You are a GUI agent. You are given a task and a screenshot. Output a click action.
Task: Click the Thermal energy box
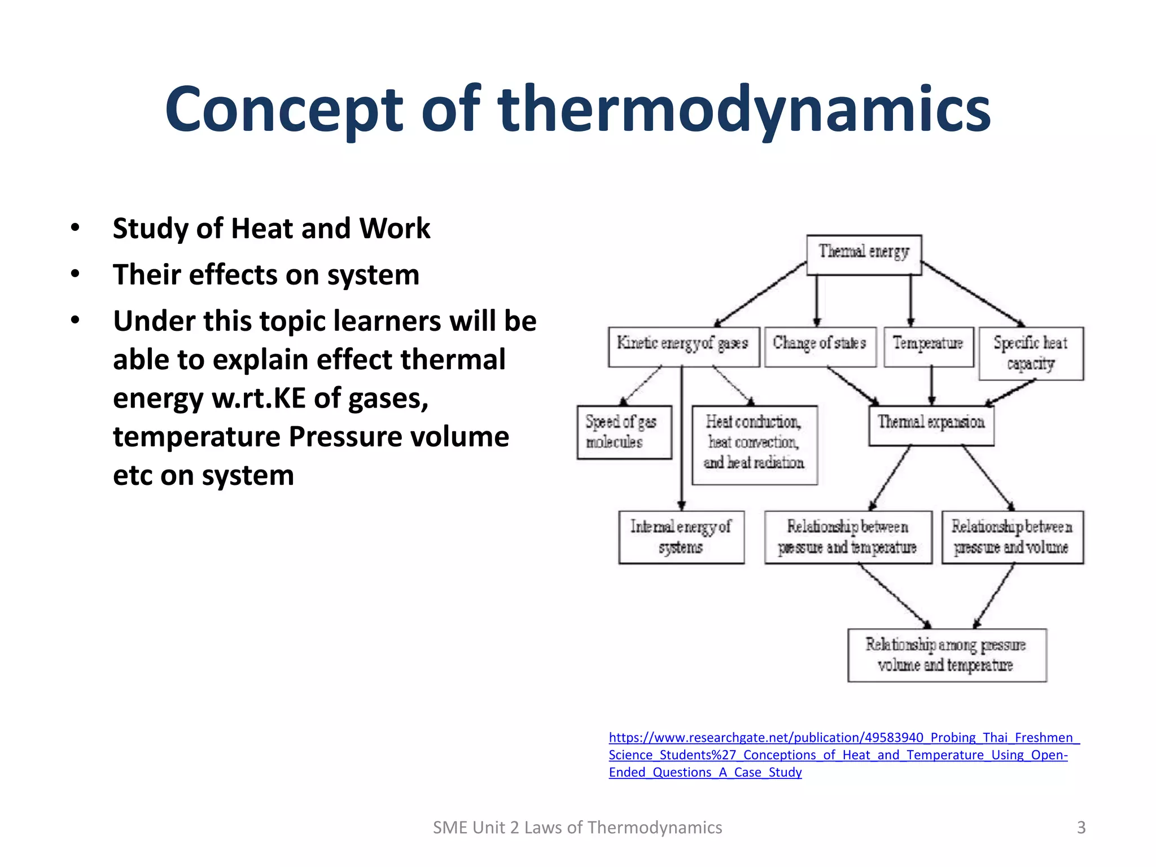click(x=864, y=255)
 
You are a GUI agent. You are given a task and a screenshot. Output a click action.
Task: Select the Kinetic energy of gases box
click(x=683, y=347)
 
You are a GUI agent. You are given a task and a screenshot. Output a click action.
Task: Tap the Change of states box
click(x=820, y=347)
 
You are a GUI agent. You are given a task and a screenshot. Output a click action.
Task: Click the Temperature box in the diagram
click(x=928, y=347)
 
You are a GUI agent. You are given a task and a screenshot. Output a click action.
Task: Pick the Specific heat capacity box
click(x=1031, y=353)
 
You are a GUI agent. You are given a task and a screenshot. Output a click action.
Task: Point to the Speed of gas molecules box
click(x=624, y=432)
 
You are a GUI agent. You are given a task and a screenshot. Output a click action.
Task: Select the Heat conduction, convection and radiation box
click(x=754, y=444)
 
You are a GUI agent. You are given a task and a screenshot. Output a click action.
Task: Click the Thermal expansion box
click(x=931, y=426)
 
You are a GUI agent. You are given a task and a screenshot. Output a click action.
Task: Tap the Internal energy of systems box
click(x=681, y=537)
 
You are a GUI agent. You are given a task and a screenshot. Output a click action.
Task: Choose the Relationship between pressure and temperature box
click(x=847, y=537)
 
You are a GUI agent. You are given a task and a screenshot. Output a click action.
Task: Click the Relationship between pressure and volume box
click(x=1012, y=537)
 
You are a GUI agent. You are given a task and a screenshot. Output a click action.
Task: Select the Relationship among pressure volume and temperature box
click(x=947, y=655)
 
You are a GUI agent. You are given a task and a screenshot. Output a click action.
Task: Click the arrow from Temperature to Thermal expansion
click(x=931, y=386)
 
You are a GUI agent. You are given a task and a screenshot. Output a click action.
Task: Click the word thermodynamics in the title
click(x=743, y=110)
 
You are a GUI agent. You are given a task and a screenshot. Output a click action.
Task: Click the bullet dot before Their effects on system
click(x=75, y=274)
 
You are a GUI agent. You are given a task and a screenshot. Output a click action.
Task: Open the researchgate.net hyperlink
click(x=843, y=755)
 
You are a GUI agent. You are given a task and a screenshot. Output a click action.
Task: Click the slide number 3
click(x=1081, y=827)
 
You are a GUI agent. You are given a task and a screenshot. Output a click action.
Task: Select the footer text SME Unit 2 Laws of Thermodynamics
click(x=577, y=827)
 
